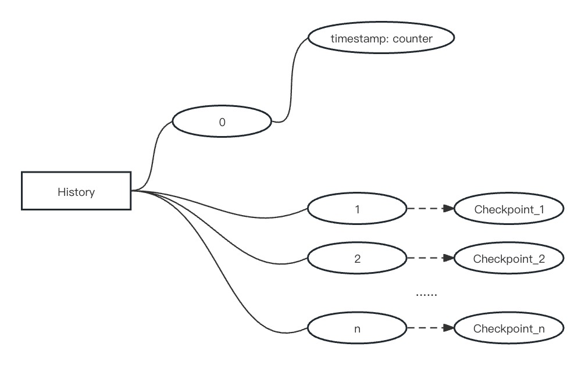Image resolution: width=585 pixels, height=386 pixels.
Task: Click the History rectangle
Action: (x=76, y=191)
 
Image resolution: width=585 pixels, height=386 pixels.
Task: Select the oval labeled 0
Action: (x=222, y=123)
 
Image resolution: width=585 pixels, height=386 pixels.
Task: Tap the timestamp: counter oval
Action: (x=381, y=38)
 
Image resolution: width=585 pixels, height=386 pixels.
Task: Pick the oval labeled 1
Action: (x=357, y=209)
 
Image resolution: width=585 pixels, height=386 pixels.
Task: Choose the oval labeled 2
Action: (x=357, y=259)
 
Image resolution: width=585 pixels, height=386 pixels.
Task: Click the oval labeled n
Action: (x=357, y=328)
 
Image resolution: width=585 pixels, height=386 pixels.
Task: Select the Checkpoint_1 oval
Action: (x=509, y=209)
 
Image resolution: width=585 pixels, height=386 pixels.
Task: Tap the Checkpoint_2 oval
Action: (x=509, y=259)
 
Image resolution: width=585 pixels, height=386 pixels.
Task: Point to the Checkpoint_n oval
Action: (x=509, y=328)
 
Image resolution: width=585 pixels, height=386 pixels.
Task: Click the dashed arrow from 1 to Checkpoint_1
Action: (x=427, y=209)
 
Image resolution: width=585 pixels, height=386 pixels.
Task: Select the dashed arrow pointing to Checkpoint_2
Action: (x=427, y=258)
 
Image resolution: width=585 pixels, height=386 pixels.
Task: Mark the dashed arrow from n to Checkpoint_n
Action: (x=427, y=328)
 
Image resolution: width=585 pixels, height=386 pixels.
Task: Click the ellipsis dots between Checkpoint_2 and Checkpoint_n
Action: (x=426, y=295)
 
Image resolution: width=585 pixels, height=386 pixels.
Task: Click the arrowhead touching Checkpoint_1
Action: (x=448, y=209)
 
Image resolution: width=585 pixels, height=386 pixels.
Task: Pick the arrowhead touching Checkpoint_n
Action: (x=448, y=328)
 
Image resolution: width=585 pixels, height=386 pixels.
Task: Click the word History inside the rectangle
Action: (x=76, y=191)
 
